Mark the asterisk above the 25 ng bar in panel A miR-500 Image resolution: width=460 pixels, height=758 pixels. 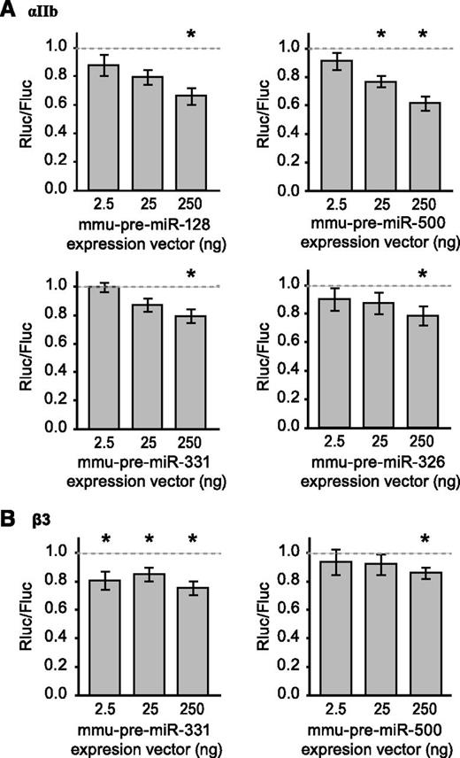point(381,35)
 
